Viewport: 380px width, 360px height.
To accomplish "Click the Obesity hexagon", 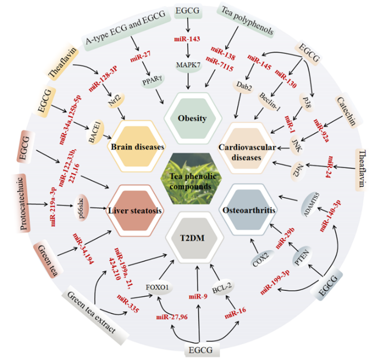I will [192, 118].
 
